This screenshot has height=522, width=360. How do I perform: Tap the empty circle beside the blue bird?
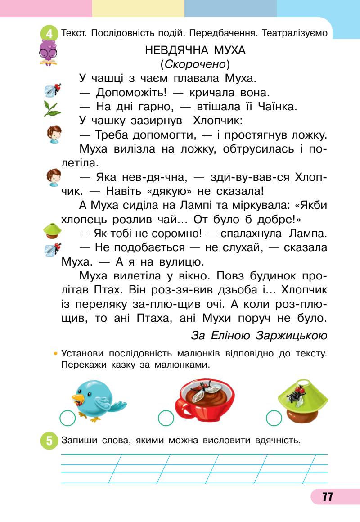click(67, 418)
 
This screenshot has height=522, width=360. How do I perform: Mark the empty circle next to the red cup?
click(166, 418)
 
